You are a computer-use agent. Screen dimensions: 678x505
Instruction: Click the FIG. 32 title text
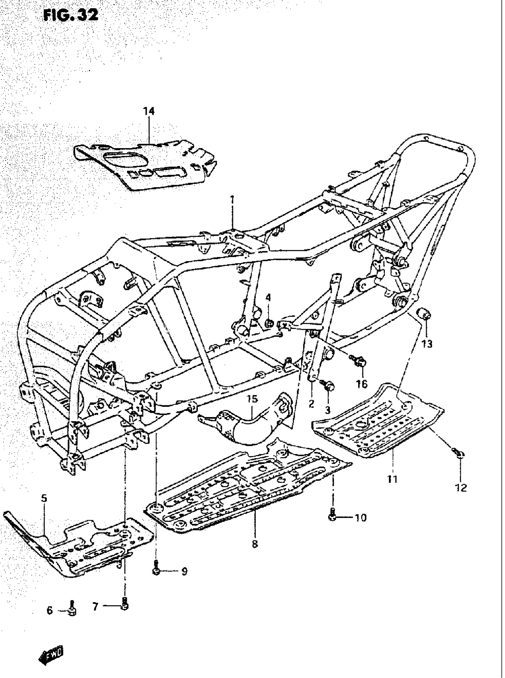[71, 15]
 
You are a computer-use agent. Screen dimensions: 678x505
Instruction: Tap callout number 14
[149, 111]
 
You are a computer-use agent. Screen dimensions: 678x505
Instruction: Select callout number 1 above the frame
[232, 200]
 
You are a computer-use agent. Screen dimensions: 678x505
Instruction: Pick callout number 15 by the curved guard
[253, 399]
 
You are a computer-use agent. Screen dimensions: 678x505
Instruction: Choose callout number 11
[392, 479]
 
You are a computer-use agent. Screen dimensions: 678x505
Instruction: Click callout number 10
[360, 518]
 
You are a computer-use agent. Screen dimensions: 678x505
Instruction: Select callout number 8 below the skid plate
[255, 544]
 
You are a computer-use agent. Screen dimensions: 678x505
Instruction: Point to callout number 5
[44, 499]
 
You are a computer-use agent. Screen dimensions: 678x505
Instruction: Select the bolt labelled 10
[333, 516]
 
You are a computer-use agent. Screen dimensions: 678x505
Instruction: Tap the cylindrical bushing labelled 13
[424, 314]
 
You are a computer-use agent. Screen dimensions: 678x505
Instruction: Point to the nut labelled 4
[269, 323]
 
